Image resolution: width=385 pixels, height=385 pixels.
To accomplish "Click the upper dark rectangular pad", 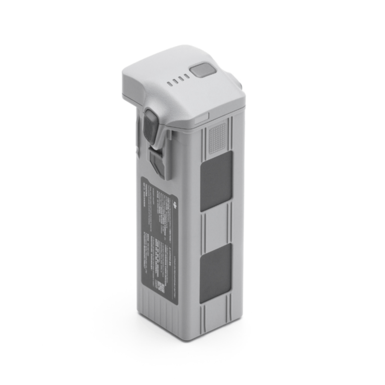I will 216,180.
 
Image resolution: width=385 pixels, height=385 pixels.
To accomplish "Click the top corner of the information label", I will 142,177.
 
